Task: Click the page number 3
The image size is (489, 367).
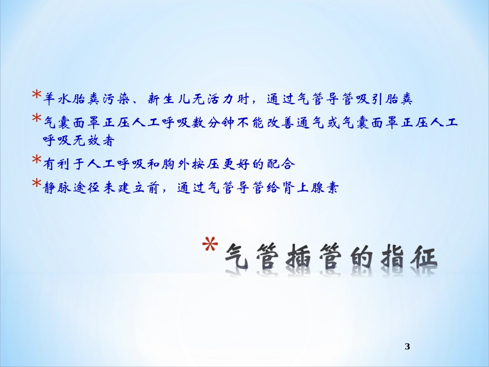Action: tap(407, 346)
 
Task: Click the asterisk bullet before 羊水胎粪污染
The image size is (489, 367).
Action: tap(37, 95)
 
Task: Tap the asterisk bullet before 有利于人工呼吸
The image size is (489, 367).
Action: tap(37, 161)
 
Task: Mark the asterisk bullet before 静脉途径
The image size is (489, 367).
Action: tap(37, 185)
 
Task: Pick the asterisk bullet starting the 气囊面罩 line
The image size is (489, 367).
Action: tap(37, 119)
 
